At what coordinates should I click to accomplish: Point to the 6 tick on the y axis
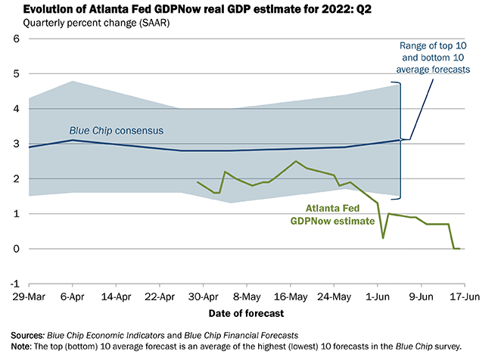point(14,39)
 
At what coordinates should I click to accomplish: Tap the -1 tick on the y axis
point(13,284)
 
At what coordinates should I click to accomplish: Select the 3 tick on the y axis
point(14,144)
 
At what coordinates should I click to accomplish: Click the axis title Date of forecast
point(246,312)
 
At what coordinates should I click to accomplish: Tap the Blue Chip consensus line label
point(117,129)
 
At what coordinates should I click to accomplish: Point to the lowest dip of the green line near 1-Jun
point(383,238)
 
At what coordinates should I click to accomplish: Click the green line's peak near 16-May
point(295,161)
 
